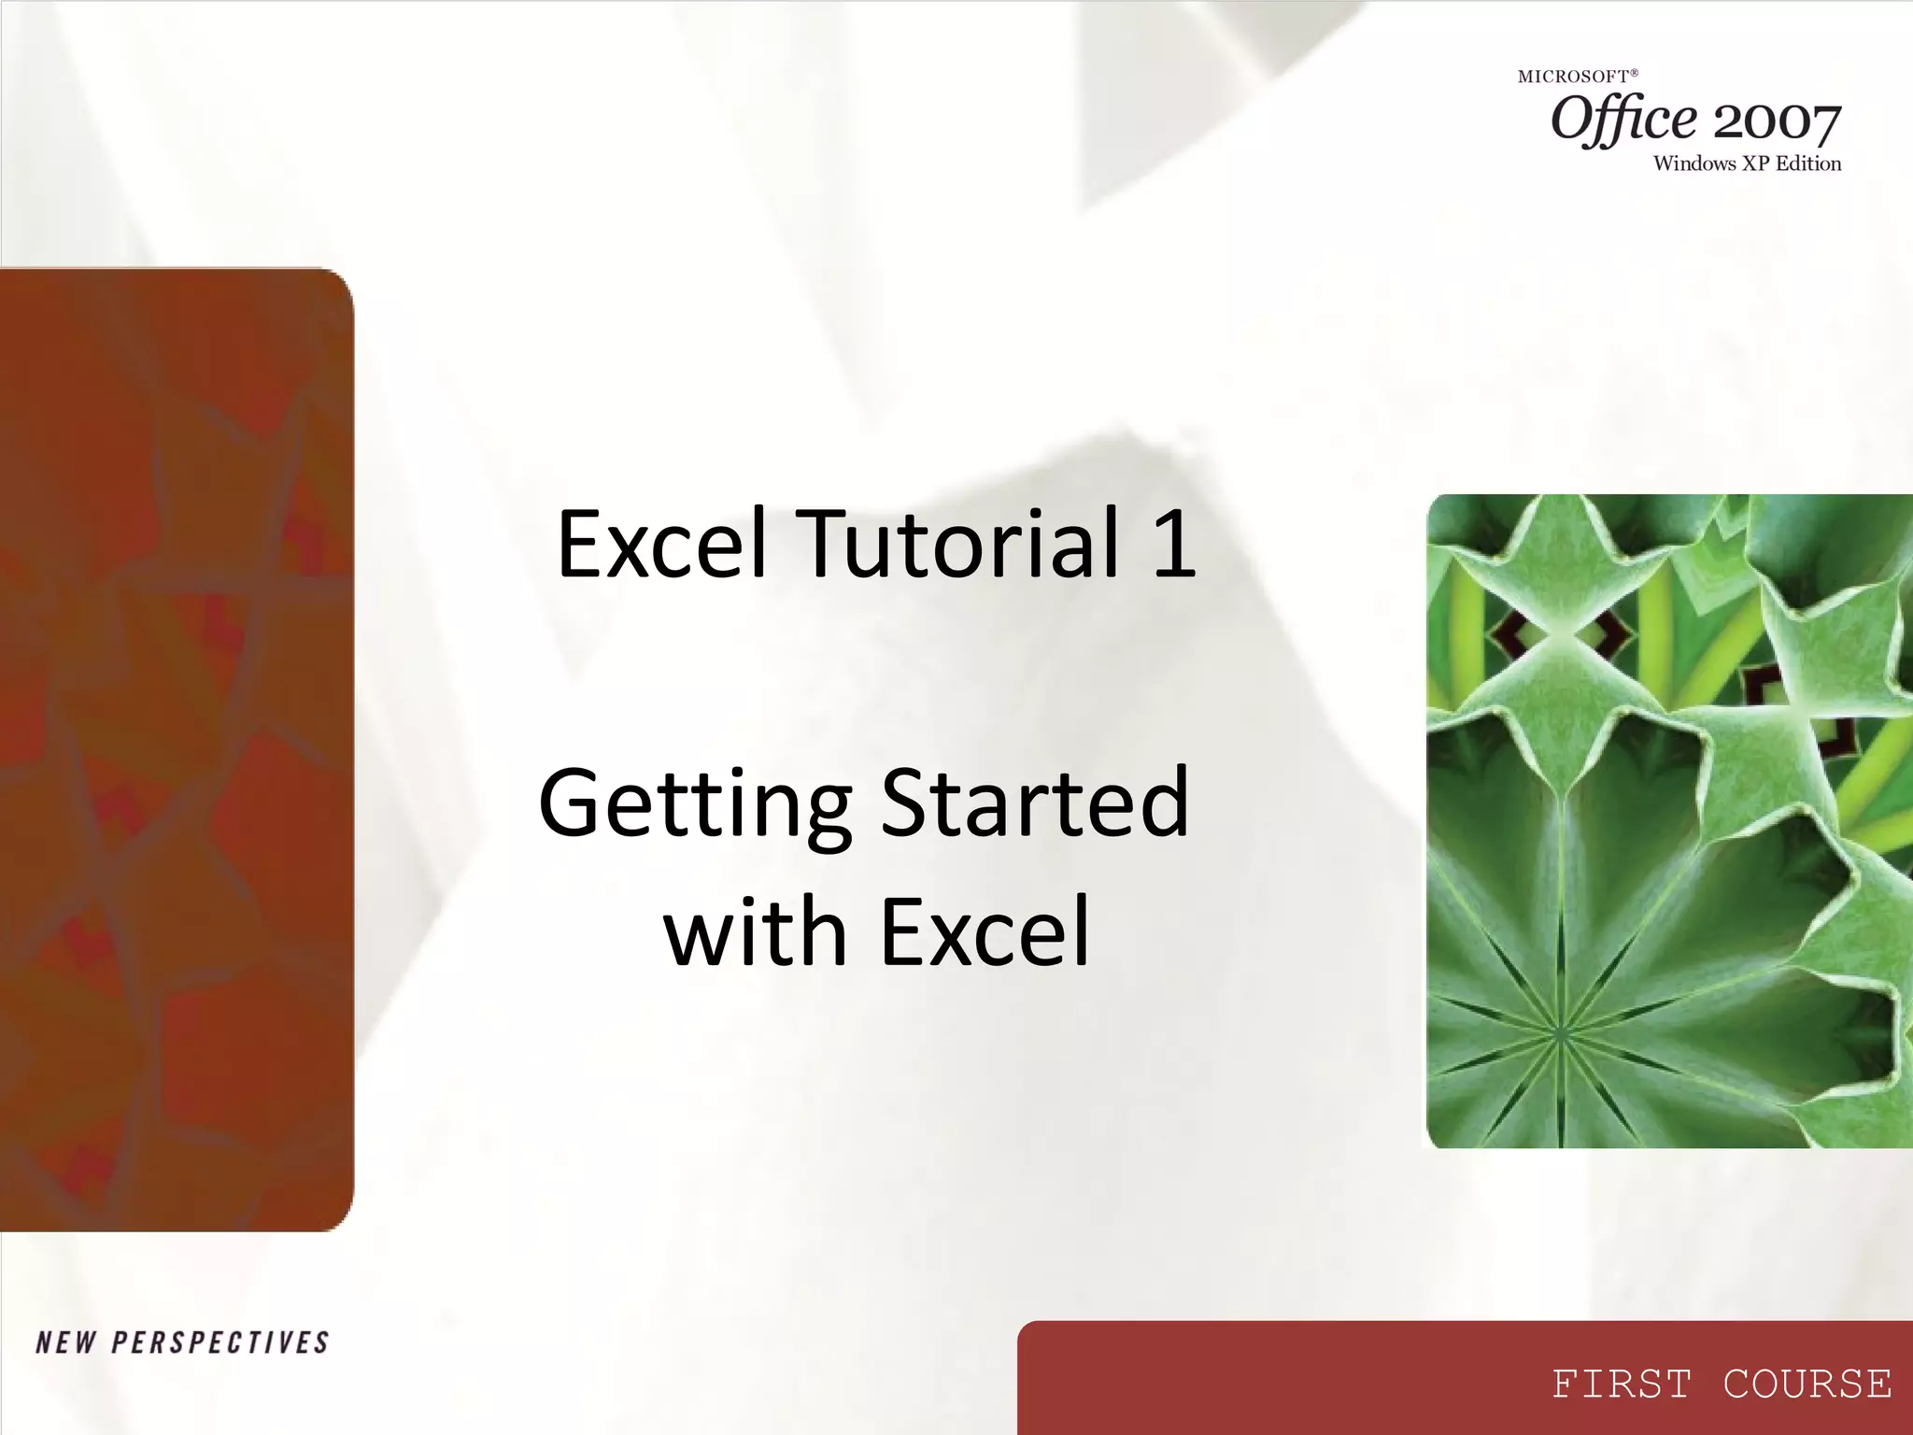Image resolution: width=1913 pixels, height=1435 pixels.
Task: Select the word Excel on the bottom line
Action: pos(985,931)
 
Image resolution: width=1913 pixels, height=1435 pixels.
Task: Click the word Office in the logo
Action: pos(1623,121)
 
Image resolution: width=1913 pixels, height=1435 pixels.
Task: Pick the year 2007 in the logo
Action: pos(1777,123)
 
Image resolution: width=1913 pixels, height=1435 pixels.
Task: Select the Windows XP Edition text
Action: pos(1747,163)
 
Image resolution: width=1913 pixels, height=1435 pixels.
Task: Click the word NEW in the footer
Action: pos(65,1343)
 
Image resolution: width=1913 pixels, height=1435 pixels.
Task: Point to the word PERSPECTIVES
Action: pos(220,1343)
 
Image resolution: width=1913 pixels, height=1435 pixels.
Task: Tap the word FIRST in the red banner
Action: pos(1622,1384)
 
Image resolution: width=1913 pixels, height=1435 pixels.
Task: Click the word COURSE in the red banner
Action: pos(1807,1384)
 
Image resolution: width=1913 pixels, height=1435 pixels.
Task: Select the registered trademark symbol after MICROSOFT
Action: pos(1635,73)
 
